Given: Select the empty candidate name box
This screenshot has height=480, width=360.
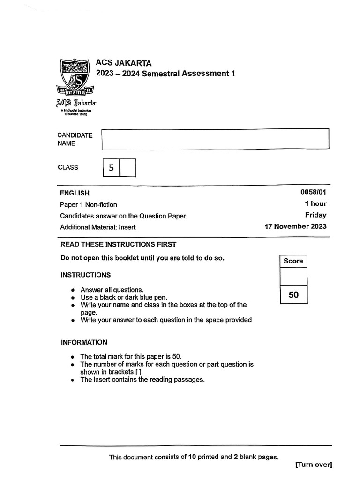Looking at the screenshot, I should pyautogui.click(x=215, y=140).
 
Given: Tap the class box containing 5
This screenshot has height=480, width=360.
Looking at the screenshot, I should pyautogui.click(x=111, y=168).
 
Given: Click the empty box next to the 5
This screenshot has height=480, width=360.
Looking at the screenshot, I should pyautogui.click(x=127, y=168).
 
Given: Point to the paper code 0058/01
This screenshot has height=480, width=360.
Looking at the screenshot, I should pyautogui.click(x=314, y=193).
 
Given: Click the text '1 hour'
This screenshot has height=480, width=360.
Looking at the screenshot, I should pyautogui.click(x=315, y=204).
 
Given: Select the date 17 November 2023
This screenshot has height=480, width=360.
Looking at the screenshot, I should pyautogui.click(x=296, y=226).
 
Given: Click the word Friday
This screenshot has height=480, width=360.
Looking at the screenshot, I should pyautogui.click(x=316, y=215).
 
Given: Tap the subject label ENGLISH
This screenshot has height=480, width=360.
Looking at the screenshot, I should pyautogui.click(x=75, y=193).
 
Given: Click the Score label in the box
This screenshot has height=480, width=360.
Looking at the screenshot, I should pyautogui.click(x=293, y=261).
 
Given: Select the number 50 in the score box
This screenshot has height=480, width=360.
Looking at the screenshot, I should pyautogui.click(x=293, y=295).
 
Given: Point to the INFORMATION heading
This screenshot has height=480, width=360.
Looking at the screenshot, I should pyautogui.click(x=84, y=342).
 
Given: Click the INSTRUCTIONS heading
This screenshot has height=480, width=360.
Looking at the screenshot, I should pyautogui.click(x=86, y=275).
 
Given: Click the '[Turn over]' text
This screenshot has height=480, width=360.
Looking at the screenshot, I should pyautogui.click(x=314, y=465).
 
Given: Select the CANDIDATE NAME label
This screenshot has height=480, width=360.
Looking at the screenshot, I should pyautogui.click(x=75, y=140).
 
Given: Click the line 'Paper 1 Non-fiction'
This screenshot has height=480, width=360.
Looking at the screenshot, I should pyautogui.click(x=89, y=204).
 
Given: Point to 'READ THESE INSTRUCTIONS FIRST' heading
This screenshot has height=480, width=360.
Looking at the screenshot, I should pyautogui.click(x=119, y=244).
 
